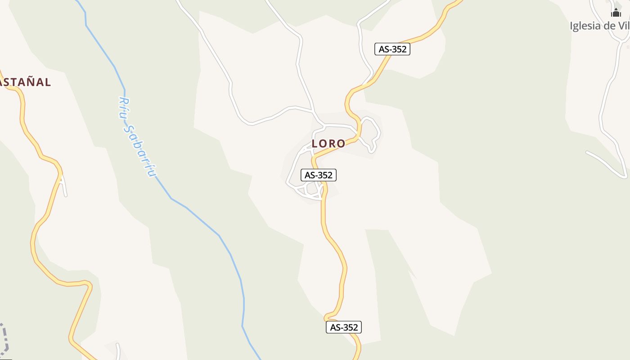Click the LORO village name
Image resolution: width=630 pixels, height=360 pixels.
point(328,144)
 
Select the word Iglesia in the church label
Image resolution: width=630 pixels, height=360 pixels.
point(585,26)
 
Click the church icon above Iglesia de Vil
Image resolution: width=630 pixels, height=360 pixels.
point(616,13)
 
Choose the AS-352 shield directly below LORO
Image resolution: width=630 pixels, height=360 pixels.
point(318,175)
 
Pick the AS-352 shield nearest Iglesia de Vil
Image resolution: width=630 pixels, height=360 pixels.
point(392,49)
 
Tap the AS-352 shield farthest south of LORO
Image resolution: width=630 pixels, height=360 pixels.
point(343,327)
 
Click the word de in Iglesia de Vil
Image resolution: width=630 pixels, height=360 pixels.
point(609,26)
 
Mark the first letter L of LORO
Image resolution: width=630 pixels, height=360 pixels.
point(315,144)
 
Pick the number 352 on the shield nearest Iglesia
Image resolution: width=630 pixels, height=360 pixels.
point(399,49)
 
